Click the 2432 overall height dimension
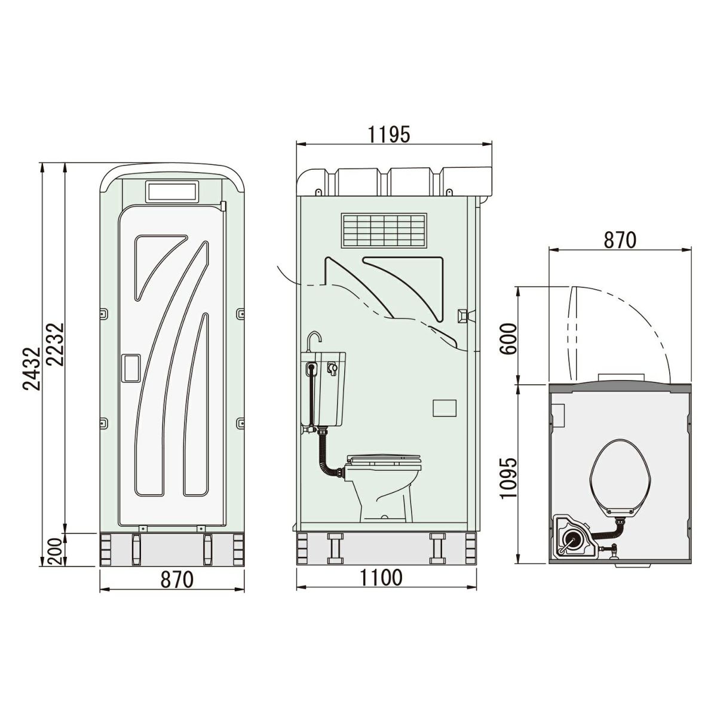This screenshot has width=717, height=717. [31, 369]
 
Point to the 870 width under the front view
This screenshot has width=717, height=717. [176, 580]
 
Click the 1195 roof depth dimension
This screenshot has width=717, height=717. [389, 134]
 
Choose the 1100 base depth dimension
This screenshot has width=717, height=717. [381, 578]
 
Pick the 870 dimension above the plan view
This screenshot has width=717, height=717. [620, 240]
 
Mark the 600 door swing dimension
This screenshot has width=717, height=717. [508, 339]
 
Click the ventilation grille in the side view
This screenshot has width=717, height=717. [384, 231]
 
